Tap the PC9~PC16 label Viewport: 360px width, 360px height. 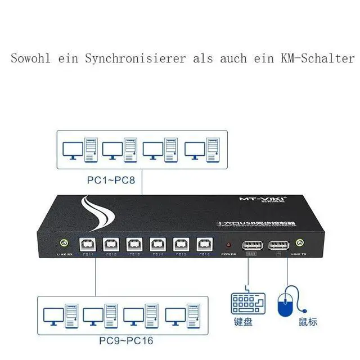[126, 340]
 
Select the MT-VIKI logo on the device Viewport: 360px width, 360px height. [251, 199]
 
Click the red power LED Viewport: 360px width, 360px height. [228, 245]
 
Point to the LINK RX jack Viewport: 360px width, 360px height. [64, 244]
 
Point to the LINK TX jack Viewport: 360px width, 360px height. [299, 244]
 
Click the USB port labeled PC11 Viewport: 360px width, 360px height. [88, 245]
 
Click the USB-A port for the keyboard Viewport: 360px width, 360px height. [251, 245]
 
